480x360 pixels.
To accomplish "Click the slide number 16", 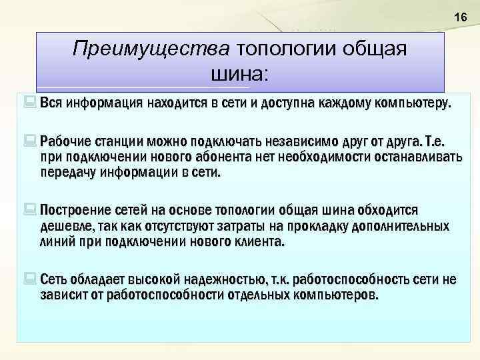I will [x=460, y=17].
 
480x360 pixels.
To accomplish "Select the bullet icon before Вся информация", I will [x=31, y=104].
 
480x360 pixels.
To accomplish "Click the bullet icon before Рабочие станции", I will [x=31, y=141].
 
